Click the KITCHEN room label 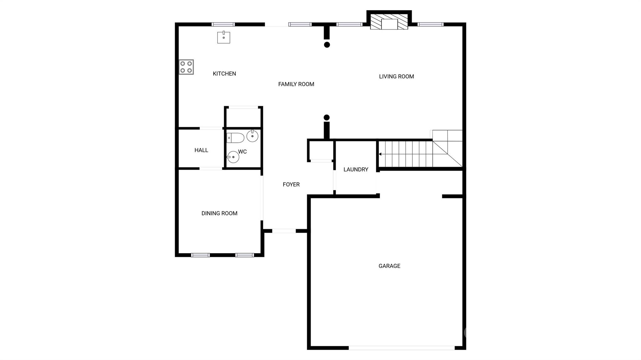coord(224,74)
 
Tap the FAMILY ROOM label coord(296,84)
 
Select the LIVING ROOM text coord(396,76)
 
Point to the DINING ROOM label coord(219,213)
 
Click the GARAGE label coord(389,266)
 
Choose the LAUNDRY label coord(356,170)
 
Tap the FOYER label coord(291,185)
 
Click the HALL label coord(201,150)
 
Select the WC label coord(242,152)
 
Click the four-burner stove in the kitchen coord(186,67)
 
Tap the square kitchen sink coord(224,37)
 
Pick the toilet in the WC coord(235,138)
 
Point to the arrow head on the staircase coord(380,154)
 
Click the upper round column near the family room coord(327,45)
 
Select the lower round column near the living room coord(326,118)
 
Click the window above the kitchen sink coord(223,24)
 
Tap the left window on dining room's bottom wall coord(200,255)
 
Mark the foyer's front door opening coord(284,231)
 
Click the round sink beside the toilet coord(252,136)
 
